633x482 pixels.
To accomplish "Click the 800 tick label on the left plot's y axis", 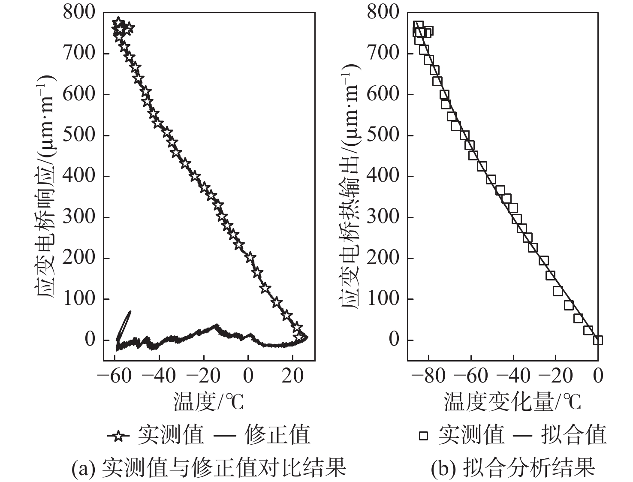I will [79, 12].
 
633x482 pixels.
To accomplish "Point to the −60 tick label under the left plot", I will [113, 376].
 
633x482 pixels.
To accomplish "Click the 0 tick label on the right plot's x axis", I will [598, 376].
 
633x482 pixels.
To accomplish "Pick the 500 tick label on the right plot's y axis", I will [383, 135].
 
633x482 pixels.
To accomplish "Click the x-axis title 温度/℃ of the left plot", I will [208, 402].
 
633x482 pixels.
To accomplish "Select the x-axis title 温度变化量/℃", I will [512, 402].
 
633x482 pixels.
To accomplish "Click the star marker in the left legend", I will [119, 436].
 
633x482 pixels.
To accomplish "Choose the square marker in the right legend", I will [423, 436].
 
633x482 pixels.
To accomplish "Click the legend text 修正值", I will [277, 435].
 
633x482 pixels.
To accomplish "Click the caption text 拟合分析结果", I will [529, 467].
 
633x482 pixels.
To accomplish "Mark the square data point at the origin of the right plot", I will [598, 340].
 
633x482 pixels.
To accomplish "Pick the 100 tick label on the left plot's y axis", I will [79, 299].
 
